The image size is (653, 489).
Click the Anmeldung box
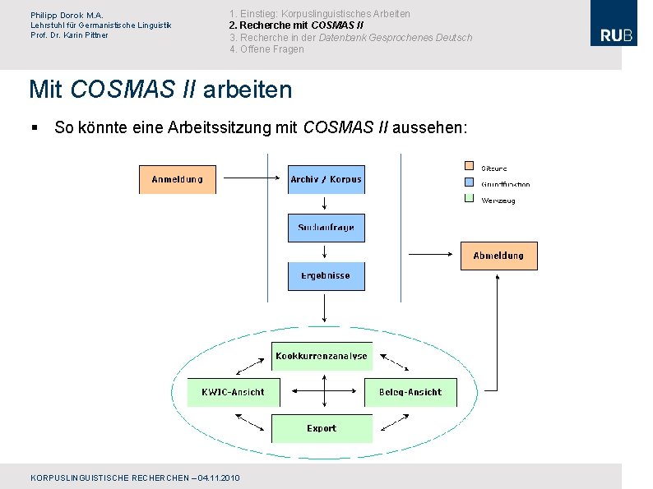click(177, 179)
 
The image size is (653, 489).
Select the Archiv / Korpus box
click(326, 179)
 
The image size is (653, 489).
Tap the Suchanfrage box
click(326, 228)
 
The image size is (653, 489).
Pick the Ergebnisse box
click(326, 276)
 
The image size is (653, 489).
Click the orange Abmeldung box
click(498, 256)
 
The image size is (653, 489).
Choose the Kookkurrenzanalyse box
click(322, 356)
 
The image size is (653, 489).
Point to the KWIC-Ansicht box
click(234, 392)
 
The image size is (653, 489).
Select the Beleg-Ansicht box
click(410, 392)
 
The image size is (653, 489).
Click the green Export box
click(322, 428)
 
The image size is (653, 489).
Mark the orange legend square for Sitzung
click(470, 168)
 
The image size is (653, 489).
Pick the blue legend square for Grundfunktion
click(470, 183)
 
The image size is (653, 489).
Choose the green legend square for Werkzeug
click(470, 199)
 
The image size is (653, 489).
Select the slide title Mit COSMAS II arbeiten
click(160, 89)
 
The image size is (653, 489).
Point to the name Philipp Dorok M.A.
click(67, 15)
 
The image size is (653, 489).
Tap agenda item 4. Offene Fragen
click(266, 49)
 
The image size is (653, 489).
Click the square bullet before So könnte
click(35, 127)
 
